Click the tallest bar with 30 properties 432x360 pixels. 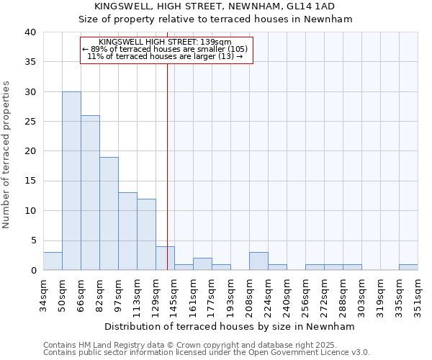(x=71, y=181)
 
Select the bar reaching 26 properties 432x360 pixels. (x=90, y=192)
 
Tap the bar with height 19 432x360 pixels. (x=109, y=213)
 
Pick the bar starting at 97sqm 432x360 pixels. (x=127, y=231)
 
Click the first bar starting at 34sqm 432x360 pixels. (x=53, y=261)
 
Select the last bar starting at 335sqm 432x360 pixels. (x=408, y=267)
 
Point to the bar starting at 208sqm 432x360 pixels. (x=258, y=261)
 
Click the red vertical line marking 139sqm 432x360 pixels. (x=167, y=166)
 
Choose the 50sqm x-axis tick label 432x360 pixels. (x=63, y=294)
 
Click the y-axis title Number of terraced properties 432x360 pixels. (x=7, y=154)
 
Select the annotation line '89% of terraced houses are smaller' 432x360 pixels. (x=165, y=49)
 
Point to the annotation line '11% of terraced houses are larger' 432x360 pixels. (x=165, y=56)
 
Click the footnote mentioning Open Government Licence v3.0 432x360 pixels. (x=206, y=353)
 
